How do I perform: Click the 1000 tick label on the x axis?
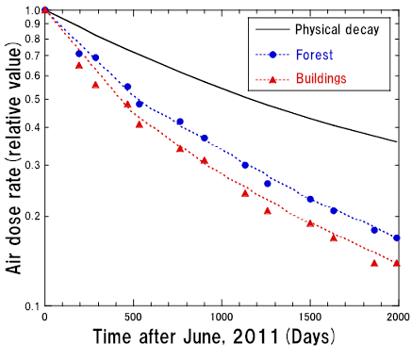(222, 318)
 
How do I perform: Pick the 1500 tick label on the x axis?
(310, 318)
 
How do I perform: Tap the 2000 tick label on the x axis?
(397, 318)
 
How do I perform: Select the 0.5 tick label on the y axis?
(29, 98)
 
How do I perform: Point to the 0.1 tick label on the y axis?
(29, 305)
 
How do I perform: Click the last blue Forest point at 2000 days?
(397, 237)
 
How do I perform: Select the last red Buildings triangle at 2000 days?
(397, 263)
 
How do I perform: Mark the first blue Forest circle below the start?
(79, 54)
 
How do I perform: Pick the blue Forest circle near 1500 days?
(310, 199)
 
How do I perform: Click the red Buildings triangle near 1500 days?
(310, 223)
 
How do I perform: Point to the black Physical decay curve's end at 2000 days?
(397, 141)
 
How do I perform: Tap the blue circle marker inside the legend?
(272, 54)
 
